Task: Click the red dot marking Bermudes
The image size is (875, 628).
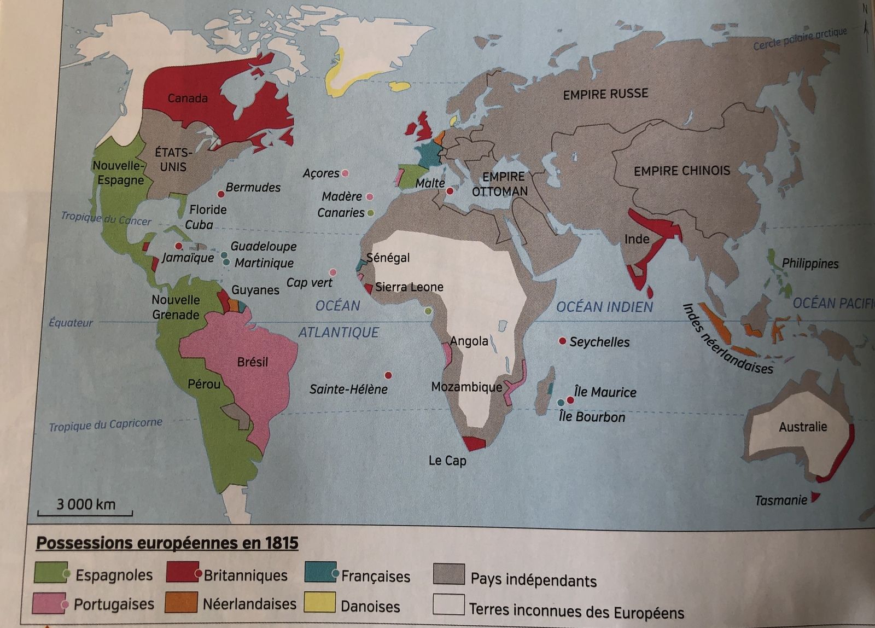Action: click(x=221, y=194)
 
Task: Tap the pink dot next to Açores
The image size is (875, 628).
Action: click(x=345, y=173)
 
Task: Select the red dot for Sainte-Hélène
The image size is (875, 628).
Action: click(x=388, y=375)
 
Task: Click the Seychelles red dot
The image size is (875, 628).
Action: click(x=562, y=341)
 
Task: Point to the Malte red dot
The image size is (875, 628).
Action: click(x=450, y=191)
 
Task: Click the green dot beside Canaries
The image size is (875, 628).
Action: click(x=371, y=213)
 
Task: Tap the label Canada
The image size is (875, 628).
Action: click(x=188, y=98)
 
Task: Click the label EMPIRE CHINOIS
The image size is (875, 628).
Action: click(x=681, y=171)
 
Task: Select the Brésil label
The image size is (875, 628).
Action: click(x=253, y=362)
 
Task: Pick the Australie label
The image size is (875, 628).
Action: click(x=803, y=427)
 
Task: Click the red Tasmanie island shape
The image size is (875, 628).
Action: click(x=815, y=497)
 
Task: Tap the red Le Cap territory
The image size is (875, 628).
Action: click(x=473, y=443)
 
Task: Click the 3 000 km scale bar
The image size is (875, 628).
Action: click(x=85, y=513)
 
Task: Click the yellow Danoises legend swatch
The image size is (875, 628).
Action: click(x=320, y=603)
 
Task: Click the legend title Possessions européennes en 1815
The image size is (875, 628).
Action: click(x=167, y=543)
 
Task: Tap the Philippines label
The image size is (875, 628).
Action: click(x=810, y=263)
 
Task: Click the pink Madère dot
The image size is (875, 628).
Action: click(x=370, y=197)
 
